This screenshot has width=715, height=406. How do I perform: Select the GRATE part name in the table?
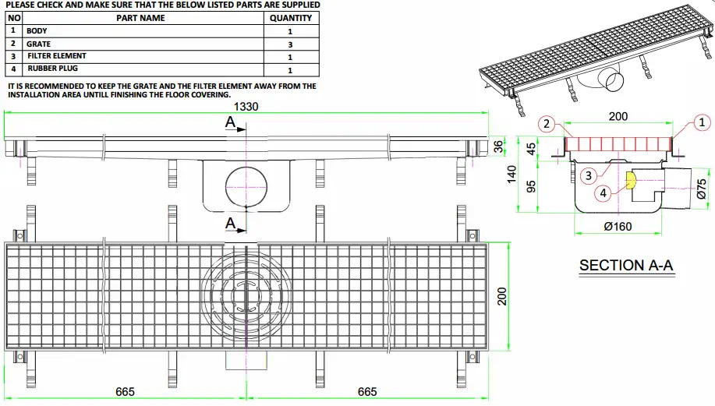39,44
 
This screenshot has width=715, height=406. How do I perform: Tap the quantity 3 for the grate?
290,44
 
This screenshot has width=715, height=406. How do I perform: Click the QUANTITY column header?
290,17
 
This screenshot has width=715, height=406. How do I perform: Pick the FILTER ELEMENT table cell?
57,56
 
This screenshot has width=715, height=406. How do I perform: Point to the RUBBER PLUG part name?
52,69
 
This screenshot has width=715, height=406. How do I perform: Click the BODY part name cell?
37,31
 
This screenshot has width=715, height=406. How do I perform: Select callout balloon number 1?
701,122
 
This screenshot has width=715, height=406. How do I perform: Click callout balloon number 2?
547,124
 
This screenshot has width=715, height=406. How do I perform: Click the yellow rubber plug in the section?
630,182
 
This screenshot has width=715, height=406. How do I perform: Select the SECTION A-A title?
625,266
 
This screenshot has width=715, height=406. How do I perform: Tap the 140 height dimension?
512,173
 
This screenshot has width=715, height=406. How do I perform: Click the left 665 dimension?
125,391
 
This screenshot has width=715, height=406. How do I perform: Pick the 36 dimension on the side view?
500,146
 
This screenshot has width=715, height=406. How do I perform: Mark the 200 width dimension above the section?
618,116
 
